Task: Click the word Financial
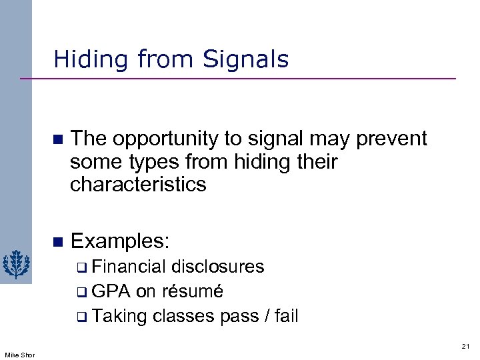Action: coord(129,267)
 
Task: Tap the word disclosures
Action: coord(218,267)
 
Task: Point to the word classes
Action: coord(185,316)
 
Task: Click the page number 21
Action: coord(465,345)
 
